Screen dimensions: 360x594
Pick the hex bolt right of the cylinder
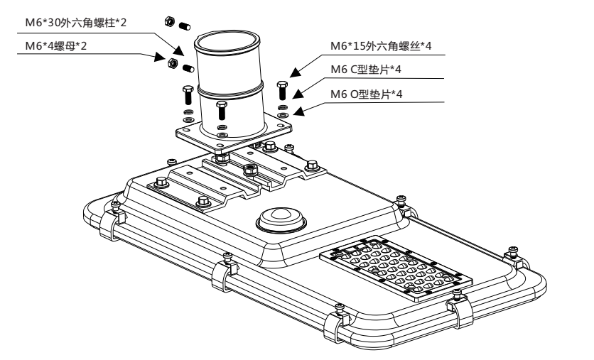283,91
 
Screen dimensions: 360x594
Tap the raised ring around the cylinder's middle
230,89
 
